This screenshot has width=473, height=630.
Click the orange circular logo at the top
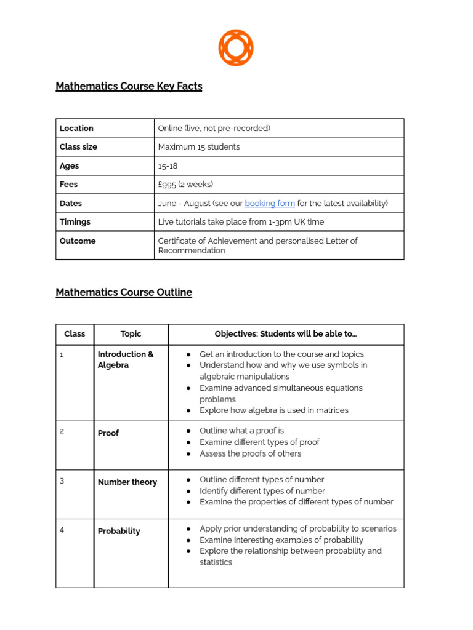pos(236,47)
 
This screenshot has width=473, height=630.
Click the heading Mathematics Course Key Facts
pos(129,86)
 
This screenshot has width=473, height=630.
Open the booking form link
pos(270,203)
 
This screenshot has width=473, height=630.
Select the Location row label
pos(76,128)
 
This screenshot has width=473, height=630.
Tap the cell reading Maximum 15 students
pos(199,146)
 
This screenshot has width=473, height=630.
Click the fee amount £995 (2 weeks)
pos(185,184)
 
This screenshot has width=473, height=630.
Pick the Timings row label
pos(75,221)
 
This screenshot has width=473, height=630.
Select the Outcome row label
pos(78,241)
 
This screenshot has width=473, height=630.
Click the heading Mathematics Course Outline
pos(124,292)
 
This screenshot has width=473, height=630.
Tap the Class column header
pos(75,333)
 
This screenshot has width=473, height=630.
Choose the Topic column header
pos(131,333)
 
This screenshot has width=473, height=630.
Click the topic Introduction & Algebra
pos(126,359)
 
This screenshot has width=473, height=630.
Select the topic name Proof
pos(108,433)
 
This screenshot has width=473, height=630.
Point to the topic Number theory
pos(127,482)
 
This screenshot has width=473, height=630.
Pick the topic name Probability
pos(119,531)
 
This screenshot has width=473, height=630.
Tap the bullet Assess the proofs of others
pos(250,453)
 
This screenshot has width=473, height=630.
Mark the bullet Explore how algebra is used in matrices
pos(273,410)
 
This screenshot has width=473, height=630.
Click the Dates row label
pos(71,203)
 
